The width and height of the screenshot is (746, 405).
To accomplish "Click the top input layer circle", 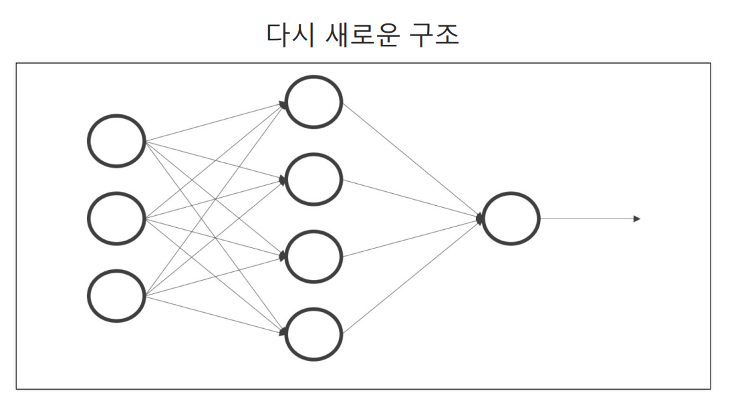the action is tap(116, 141).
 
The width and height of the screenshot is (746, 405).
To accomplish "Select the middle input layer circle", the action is tap(116, 219).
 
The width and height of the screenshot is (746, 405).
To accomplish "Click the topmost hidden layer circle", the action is tap(314, 102).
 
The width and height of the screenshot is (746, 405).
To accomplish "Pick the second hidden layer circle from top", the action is tap(314, 180).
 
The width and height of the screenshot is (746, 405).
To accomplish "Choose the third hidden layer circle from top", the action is tap(314, 257).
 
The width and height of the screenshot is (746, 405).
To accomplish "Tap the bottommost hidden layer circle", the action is tap(314, 334).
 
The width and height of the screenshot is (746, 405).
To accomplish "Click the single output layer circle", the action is tap(511, 219).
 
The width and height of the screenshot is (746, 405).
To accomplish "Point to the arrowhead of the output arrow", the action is tap(636, 219).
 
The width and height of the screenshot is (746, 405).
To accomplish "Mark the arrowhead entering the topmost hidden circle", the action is tap(283, 104).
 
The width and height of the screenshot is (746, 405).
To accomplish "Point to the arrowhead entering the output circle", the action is tap(480, 219).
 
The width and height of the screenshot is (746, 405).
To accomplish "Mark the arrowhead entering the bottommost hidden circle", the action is tap(283, 331).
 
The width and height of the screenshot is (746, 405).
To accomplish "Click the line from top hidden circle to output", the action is tap(411, 160).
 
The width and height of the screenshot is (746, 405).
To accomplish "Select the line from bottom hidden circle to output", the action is tap(411, 277).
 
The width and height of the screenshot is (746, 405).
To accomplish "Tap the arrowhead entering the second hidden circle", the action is tap(283, 180).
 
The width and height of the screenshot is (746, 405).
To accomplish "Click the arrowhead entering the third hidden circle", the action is tap(283, 257).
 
